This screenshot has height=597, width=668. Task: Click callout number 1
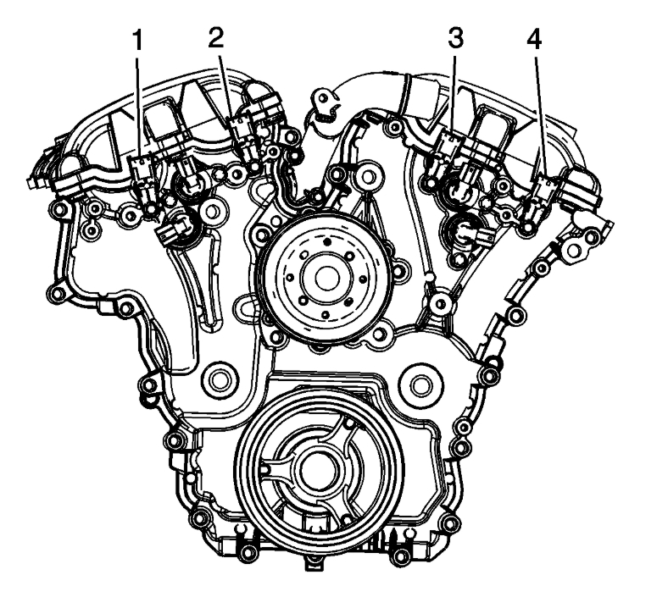click(x=137, y=41)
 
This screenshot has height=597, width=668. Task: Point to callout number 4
click(x=534, y=40)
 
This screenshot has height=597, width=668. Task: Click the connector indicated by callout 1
click(x=139, y=168)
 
